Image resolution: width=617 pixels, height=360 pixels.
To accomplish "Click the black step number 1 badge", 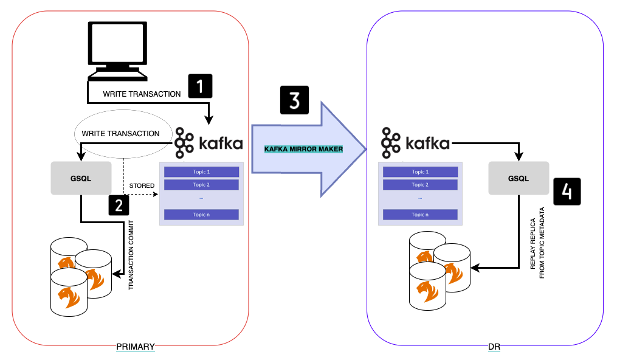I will pyautogui.click(x=201, y=86).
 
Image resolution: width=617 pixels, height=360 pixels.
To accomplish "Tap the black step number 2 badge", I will pyautogui.click(x=119, y=205).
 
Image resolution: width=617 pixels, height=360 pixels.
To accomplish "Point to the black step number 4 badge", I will pyautogui.click(x=566, y=191).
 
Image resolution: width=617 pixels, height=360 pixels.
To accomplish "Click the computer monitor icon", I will pyautogui.click(x=117, y=52).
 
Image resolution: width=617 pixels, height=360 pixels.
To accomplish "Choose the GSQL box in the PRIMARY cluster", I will pyautogui.click(x=81, y=178).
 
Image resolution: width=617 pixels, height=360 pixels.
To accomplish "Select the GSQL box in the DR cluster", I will pyautogui.click(x=519, y=178).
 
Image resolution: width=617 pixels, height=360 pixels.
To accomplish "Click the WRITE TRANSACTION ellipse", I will pyautogui.click(x=120, y=133).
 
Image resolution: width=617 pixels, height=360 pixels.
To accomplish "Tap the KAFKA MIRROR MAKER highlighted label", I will pyautogui.click(x=304, y=149).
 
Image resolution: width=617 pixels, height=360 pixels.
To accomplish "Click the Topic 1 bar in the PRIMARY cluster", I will pyautogui.click(x=201, y=172).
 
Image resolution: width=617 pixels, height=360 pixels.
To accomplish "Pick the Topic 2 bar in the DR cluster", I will pyautogui.click(x=420, y=185).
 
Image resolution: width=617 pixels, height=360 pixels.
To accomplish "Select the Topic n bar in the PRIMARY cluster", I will pyautogui.click(x=201, y=214).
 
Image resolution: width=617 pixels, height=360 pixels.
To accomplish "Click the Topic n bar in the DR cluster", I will pyautogui.click(x=420, y=214).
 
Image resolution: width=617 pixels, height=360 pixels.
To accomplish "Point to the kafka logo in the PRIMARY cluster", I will pyautogui.click(x=204, y=144).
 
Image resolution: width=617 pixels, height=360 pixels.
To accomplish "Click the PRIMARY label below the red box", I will pyautogui.click(x=135, y=347).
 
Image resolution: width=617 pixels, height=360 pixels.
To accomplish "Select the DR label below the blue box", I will pyautogui.click(x=494, y=347).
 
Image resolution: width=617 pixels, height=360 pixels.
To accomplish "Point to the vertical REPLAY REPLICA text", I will pyautogui.click(x=534, y=240).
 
